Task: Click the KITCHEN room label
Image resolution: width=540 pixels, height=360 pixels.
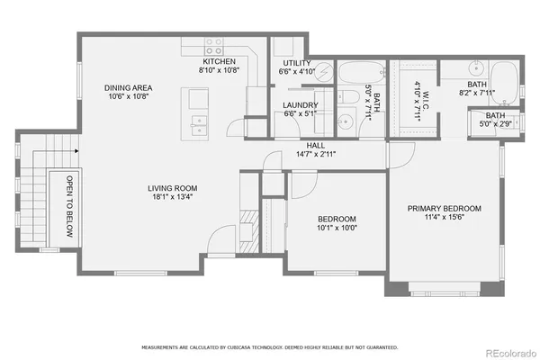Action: pyautogui.click(x=220, y=61)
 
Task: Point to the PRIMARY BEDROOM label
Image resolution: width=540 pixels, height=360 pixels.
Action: pyautogui.click(x=444, y=209)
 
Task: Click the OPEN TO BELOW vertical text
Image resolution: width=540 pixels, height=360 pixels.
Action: pyautogui.click(x=68, y=207)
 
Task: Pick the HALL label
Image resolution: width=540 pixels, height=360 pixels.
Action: pyautogui.click(x=315, y=145)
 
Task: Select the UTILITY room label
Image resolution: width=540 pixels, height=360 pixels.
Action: pyautogui.click(x=295, y=63)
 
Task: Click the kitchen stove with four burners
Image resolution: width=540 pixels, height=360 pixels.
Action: pyautogui.click(x=213, y=45)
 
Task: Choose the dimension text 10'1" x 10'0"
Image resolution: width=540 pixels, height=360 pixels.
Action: pyautogui.click(x=337, y=229)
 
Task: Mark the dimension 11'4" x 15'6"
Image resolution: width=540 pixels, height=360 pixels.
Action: pyautogui.click(x=444, y=218)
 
